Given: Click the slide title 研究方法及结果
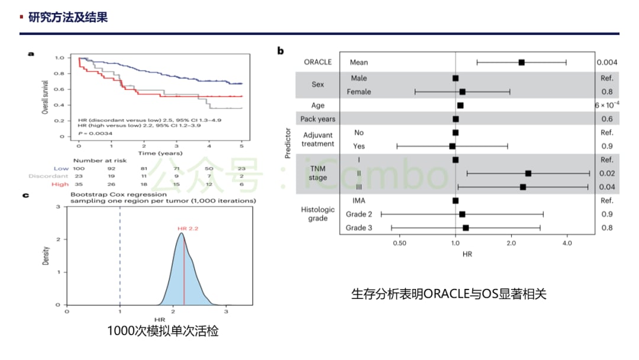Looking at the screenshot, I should [x=68, y=17].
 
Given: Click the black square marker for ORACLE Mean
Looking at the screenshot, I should [x=521, y=62].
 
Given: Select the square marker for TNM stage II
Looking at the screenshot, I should [x=528, y=173].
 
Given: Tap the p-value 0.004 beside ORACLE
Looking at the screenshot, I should [x=607, y=62].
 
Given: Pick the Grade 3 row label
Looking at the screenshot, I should [x=359, y=228].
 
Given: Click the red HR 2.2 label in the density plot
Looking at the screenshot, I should [x=188, y=228].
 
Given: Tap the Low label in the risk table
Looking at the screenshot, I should [x=61, y=169].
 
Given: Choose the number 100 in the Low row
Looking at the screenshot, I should [x=79, y=169].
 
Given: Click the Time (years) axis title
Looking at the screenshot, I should [x=156, y=153].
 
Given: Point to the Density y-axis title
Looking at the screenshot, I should [x=46, y=255].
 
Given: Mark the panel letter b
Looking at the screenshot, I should [x=280, y=50].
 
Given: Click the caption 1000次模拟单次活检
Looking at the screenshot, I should [x=163, y=332].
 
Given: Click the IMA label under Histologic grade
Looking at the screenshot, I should [x=359, y=201].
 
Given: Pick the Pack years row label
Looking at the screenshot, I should [x=318, y=119].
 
